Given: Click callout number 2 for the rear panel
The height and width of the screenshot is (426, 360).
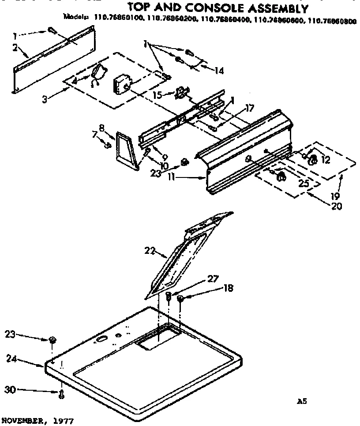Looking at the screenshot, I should (15, 48).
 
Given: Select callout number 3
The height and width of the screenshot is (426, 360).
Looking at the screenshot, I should (45, 99).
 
